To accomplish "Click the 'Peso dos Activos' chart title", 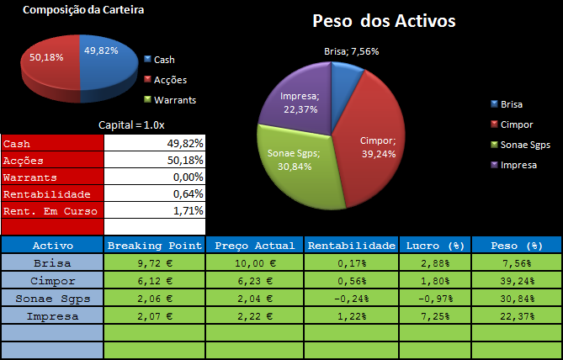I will (384, 21).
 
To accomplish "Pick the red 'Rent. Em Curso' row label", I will (51, 211).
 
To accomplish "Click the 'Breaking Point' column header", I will (155, 246).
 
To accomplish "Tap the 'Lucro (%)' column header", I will (434, 246).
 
